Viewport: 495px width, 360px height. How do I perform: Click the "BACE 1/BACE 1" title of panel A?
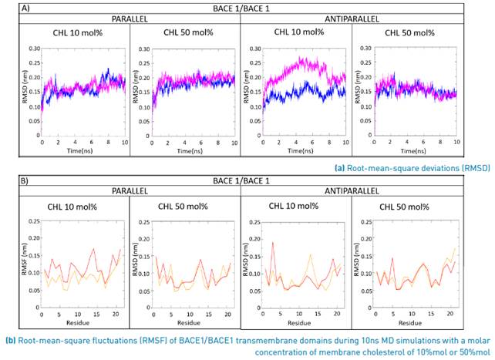click(247, 8)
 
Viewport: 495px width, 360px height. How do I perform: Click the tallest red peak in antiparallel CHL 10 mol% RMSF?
click(273, 243)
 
